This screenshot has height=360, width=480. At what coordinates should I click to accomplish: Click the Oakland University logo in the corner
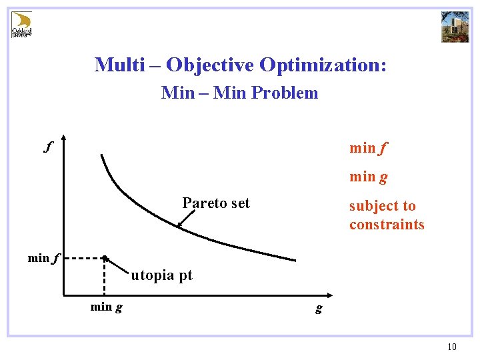click(22, 24)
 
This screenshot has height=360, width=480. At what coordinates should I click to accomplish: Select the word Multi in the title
click(118, 65)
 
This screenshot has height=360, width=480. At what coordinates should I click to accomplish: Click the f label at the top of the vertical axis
click(48, 145)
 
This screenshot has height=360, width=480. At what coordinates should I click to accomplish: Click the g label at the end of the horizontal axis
click(319, 308)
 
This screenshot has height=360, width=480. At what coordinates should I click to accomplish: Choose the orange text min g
click(369, 177)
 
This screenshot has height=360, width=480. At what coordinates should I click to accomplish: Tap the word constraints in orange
click(387, 225)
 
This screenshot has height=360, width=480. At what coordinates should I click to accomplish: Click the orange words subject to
click(382, 206)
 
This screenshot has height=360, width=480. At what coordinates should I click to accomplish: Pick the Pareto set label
click(216, 203)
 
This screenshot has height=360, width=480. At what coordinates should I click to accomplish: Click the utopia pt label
click(161, 275)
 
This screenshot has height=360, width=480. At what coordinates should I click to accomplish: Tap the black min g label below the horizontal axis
click(106, 307)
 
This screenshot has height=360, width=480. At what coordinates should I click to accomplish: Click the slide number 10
click(452, 347)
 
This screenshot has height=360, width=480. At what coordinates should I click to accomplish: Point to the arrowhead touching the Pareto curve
click(179, 227)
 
